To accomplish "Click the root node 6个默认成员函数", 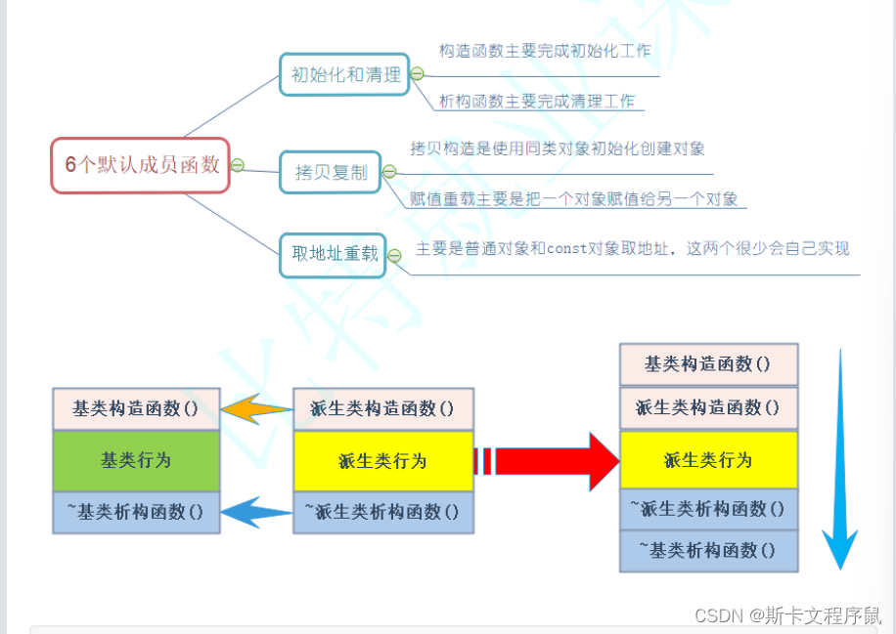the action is (x=141, y=165).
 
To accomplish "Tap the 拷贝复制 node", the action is (x=331, y=172).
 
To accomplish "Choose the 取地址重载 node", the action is (x=334, y=253).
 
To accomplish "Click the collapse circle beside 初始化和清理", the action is (x=417, y=74).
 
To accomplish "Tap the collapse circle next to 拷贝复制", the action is (x=389, y=172).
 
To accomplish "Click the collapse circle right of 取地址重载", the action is (x=394, y=255).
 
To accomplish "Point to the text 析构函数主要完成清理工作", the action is (x=537, y=101).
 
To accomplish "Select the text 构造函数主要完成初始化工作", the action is (x=545, y=51).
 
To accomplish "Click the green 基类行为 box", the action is (x=136, y=460).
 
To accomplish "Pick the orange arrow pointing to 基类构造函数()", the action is (x=256, y=408).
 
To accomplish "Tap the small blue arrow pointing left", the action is (x=256, y=511).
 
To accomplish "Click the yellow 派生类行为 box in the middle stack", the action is (x=383, y=461).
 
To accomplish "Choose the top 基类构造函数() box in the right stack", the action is (x=708, y=364).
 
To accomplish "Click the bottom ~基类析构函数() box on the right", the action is (x=708, y=550).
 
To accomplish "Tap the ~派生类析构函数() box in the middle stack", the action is (x=383, y=511).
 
